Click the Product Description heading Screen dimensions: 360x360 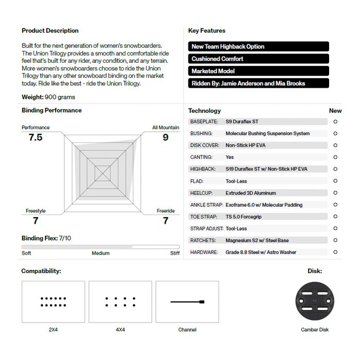[x=50, y=31]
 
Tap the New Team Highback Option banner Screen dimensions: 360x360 [x=258, y=46]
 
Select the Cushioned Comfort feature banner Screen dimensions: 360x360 [x=258, y=59]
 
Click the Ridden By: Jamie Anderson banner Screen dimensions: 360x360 [x=258, y=83]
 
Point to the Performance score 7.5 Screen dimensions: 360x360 [x=35, y=137]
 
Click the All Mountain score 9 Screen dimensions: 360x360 [x=165, y=137]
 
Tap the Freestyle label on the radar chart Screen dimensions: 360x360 [x=35, y=211]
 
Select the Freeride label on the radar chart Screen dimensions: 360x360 [x=166, y=211]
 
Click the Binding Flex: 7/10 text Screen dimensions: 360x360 [x=46, y=238]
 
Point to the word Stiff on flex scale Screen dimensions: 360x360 [x=175, y=253]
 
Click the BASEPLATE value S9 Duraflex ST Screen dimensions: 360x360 [x=242, y=122]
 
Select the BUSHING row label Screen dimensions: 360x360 [x=201, y=134]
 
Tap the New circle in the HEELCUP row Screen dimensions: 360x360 [x=335, y=193]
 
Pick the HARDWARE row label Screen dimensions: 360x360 [x=204, y=253]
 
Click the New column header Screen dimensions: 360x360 [x=335, y=111]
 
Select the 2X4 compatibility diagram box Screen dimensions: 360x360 [x=53, y=302]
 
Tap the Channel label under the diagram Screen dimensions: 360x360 [x=187, y=330]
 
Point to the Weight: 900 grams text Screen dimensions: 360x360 [x=48, y=97]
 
